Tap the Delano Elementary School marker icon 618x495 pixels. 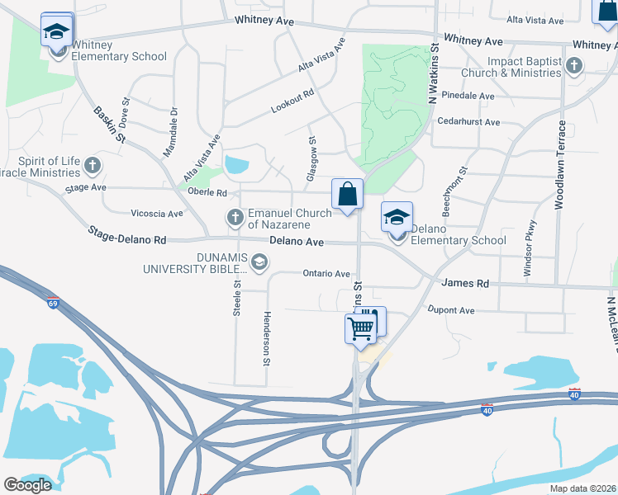point(397,219)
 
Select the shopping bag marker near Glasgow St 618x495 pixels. point(348,195)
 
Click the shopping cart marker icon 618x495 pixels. point(361,328)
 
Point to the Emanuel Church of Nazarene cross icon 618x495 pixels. point(235,218)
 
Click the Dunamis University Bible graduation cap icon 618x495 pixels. point(259,262)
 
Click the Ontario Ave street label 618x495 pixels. point(326,273)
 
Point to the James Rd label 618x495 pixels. point(465,283)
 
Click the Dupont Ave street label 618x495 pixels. point(451,310)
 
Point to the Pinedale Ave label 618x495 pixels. point(468,96)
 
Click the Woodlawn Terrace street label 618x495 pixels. point(560,165)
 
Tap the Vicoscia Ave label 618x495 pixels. point(156,214)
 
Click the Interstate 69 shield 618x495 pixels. point(54,303)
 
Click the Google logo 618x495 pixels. point(27,485)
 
